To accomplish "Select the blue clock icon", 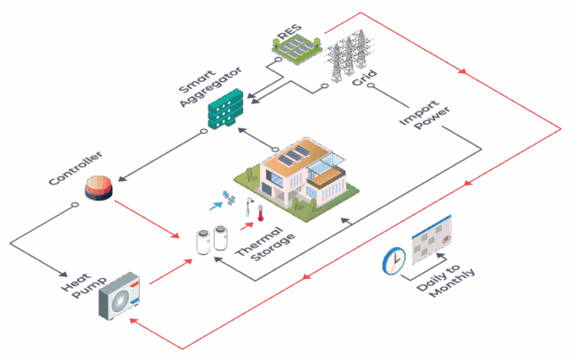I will [x=393, y=261].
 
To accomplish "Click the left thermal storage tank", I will [x=202, y=241].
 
